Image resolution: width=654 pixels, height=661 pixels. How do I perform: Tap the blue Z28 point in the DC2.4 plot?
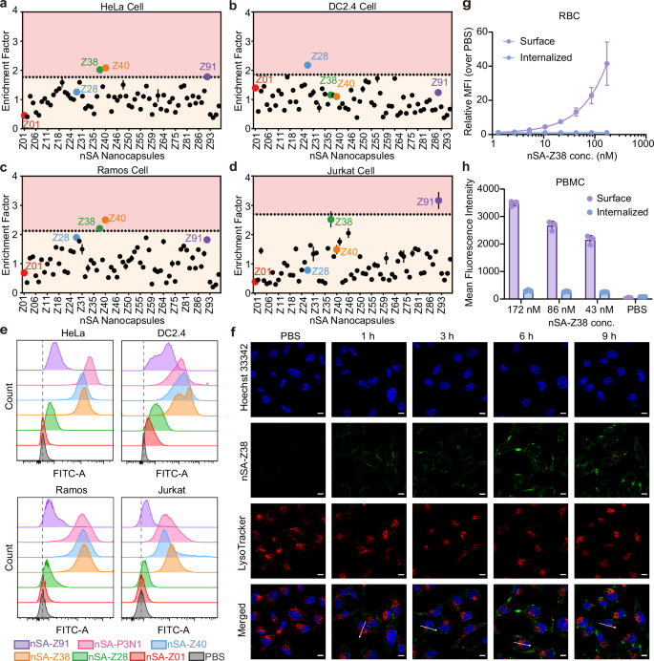coord(307,65)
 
